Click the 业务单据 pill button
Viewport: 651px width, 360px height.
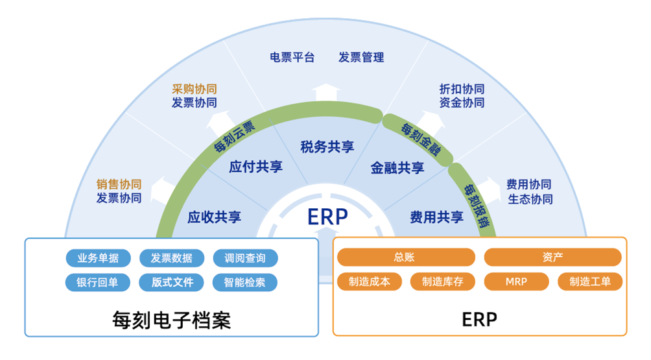pos(98,258)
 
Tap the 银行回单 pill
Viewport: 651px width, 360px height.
pos(98,283)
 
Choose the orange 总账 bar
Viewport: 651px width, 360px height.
pos(404,258)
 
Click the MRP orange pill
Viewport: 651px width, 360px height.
pos(516,282)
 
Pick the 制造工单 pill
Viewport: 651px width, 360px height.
pos(589,282)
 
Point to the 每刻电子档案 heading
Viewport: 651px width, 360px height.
pos(171,320)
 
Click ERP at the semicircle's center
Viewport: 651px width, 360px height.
pos(327,216)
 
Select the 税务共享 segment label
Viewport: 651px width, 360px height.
pos(327,147)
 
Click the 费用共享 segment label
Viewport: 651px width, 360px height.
pos(436,217)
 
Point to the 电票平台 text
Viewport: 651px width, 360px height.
pos(292,57)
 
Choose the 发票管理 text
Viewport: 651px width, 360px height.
pos(361,57)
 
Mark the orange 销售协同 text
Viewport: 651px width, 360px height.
pos(119,185)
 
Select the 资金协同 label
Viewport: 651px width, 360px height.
pos(462,102)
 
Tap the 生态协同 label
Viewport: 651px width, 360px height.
pos(530,198)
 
